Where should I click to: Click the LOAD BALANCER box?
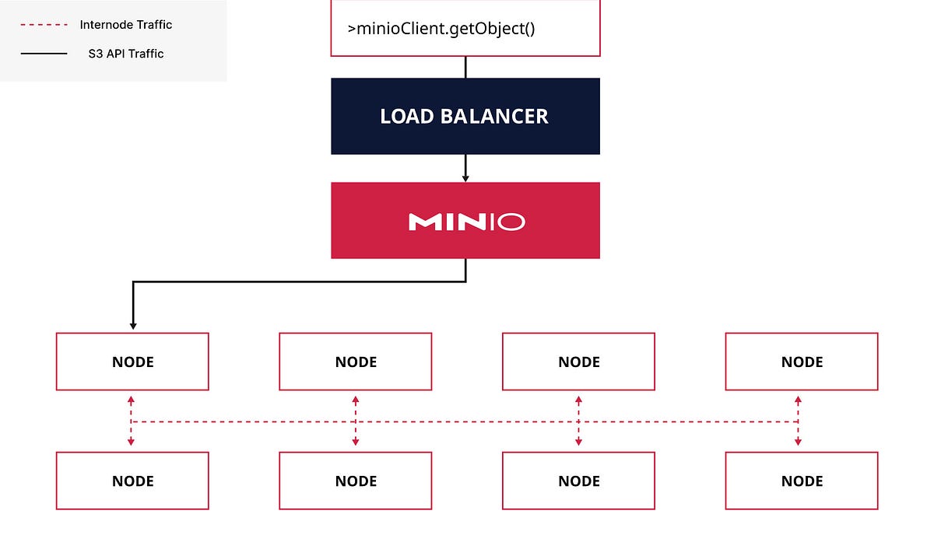click(x=465, y=116)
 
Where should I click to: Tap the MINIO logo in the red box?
click(x=466, y=222)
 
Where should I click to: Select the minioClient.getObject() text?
click(x=441, y=30)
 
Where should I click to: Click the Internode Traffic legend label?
click(x=125, y=25)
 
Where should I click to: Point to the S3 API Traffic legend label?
click(x=126, y=54)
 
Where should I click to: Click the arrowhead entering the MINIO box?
click(x=465, y=177)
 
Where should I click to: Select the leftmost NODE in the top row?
click(x=132, y=362)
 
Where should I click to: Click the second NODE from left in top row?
click(x=356, y=362)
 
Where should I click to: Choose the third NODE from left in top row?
click(x=578, y=362)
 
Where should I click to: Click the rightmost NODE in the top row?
click(x=802, y=362)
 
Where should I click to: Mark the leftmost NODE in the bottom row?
click(x=132, y=481)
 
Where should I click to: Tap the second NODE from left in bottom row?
click(x=356, y=481)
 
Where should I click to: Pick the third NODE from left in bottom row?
click(x=578, y=481)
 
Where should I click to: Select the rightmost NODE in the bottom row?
click(x=802, y=481)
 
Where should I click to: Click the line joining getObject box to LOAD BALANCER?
click(x=465, y=67)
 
